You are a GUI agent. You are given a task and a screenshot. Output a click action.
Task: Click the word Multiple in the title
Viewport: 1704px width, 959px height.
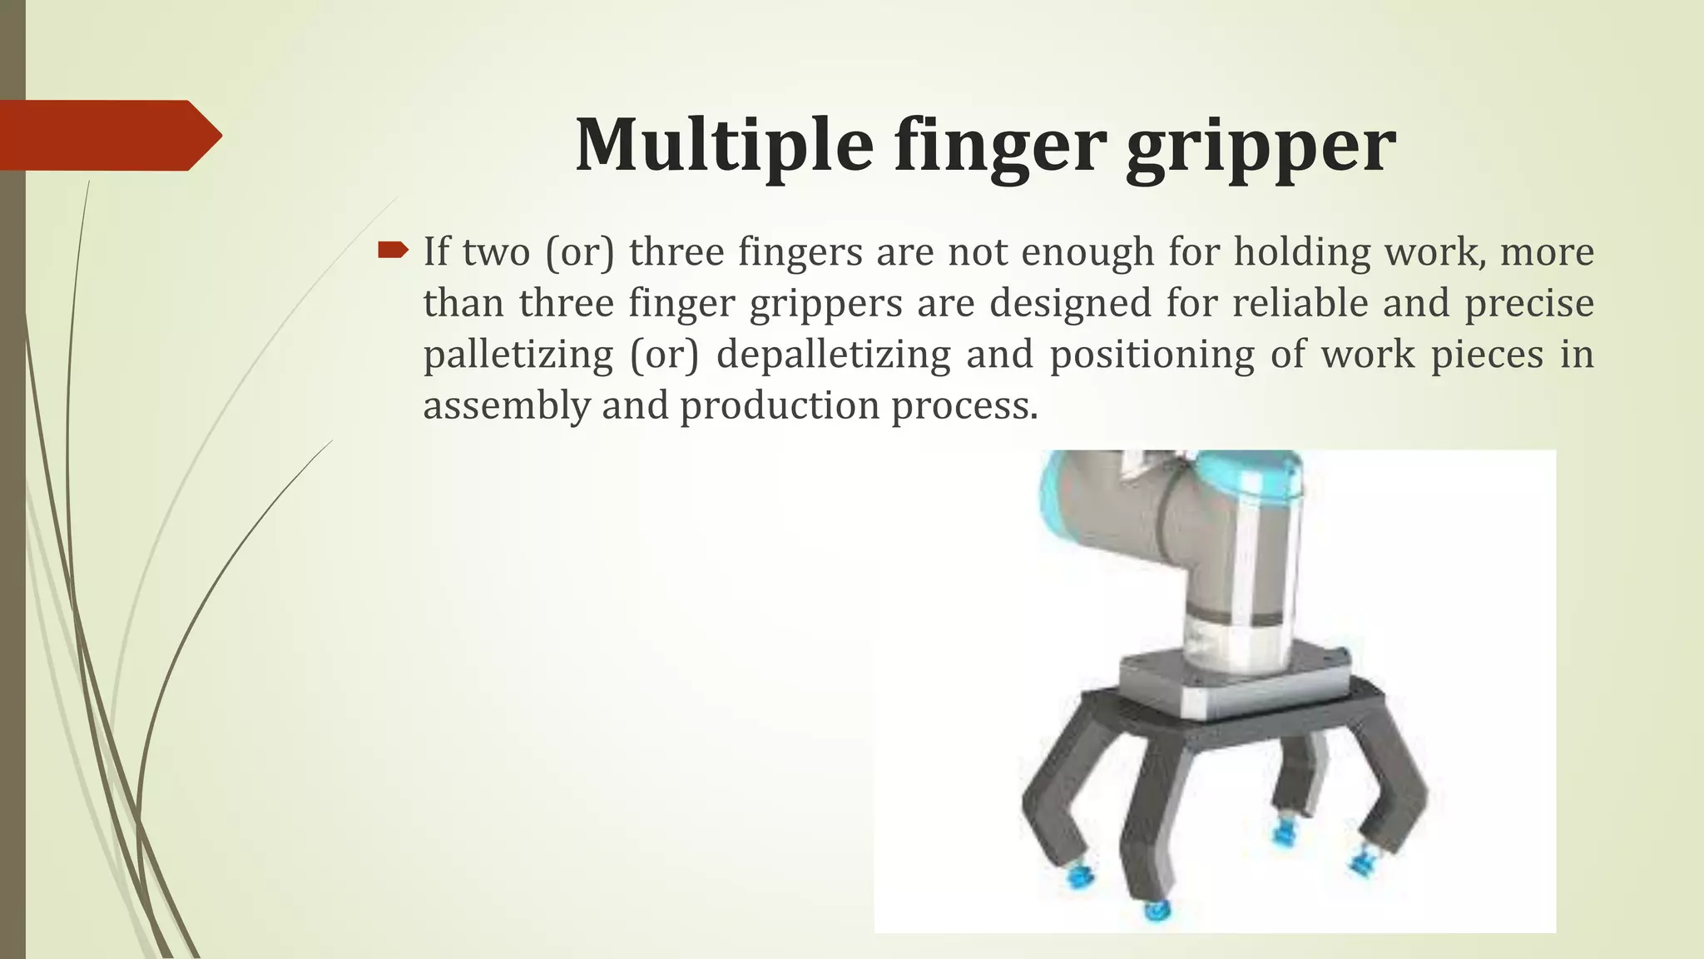click(x=724, y=146)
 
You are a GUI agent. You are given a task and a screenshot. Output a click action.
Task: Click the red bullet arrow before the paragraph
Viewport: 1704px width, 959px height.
click(x=393, y=249)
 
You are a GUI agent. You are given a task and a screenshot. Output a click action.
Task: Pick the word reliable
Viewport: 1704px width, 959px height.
click(x=1300, y=303)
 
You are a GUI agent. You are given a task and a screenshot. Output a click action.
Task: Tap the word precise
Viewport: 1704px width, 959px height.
click(x=1529, y=303)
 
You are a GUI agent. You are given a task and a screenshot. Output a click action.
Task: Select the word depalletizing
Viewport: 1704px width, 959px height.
click(x=833, y=355)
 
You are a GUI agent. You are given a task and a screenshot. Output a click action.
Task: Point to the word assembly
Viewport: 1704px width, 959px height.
click(x=506, y=406)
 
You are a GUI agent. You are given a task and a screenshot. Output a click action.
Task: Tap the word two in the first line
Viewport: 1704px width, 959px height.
click(x=496, y=251)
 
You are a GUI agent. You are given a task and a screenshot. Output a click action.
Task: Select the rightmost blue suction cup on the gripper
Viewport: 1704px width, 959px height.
click(x=1361, y=860)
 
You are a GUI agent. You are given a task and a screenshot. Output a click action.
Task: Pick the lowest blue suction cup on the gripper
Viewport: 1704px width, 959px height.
click(x=1153, y=910)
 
